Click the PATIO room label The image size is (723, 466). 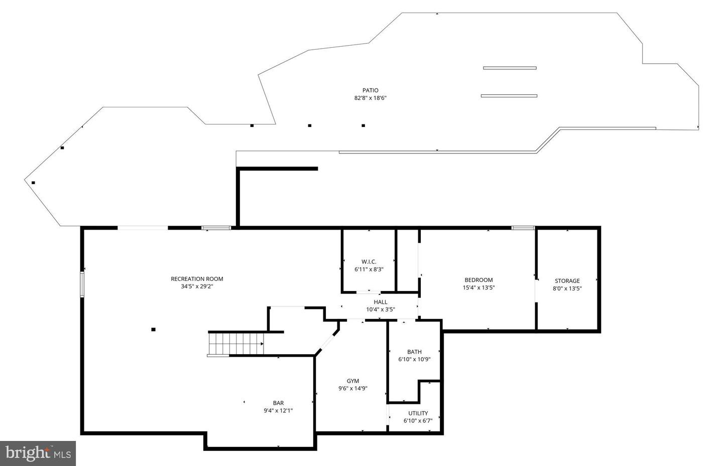[370, 90]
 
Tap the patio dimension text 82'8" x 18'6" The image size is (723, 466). [370, 98]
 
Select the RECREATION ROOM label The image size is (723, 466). [197, 279]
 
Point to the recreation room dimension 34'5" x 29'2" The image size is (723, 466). [197, 286]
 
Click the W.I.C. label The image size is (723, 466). [369, 262]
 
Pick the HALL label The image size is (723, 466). [381, 302]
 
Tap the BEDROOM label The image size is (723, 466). [478, 280]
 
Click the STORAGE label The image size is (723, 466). [567, 281]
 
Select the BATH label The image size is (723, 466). [414, 352]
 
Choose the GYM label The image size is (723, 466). [353, 381]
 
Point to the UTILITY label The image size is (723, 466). [418, 413]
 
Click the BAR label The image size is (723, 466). [278, 403]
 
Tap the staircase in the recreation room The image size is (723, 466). [236, 344]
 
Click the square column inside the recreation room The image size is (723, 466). [154, 330]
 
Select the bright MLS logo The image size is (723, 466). [38, 453]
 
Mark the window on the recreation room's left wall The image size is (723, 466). [82, 284]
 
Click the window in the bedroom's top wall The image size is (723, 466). [523, 228]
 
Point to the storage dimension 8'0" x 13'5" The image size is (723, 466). [567, 288]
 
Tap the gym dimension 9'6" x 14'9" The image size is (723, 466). [353, 389]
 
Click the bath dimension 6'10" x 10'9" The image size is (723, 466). [414, 359]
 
